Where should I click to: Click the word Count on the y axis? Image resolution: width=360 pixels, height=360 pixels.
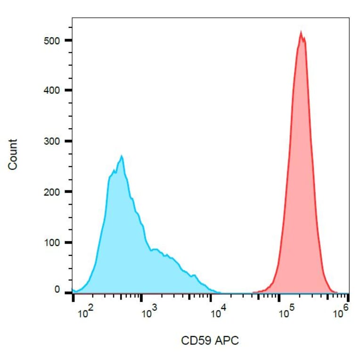pos(13,155)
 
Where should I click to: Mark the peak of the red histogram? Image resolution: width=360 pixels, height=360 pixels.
pos(301,32)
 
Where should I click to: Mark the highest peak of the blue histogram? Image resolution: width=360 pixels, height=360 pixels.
pos(122,156)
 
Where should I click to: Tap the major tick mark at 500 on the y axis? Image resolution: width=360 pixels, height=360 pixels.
pos(68,40)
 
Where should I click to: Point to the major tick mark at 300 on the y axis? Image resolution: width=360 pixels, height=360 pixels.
pos(68,141)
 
